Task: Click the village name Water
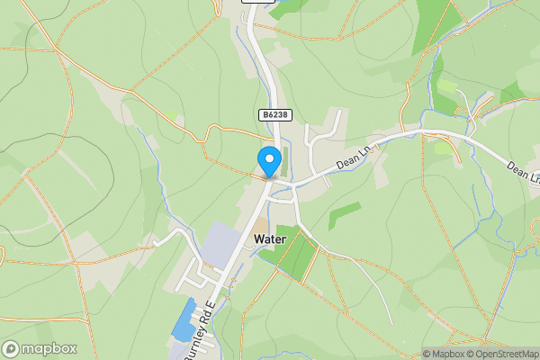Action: [270, 239]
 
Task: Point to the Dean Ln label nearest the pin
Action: [354, 157]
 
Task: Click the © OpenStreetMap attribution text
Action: [501, 354]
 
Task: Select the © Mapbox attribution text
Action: [443, 354]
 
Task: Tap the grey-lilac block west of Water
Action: [219, 246]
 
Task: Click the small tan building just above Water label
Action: [259, 225]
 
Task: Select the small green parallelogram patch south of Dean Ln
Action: [345, 215]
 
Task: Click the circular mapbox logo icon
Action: [11, 349]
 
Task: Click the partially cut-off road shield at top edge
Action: [258, 2]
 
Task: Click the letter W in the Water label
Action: [260, 239]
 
